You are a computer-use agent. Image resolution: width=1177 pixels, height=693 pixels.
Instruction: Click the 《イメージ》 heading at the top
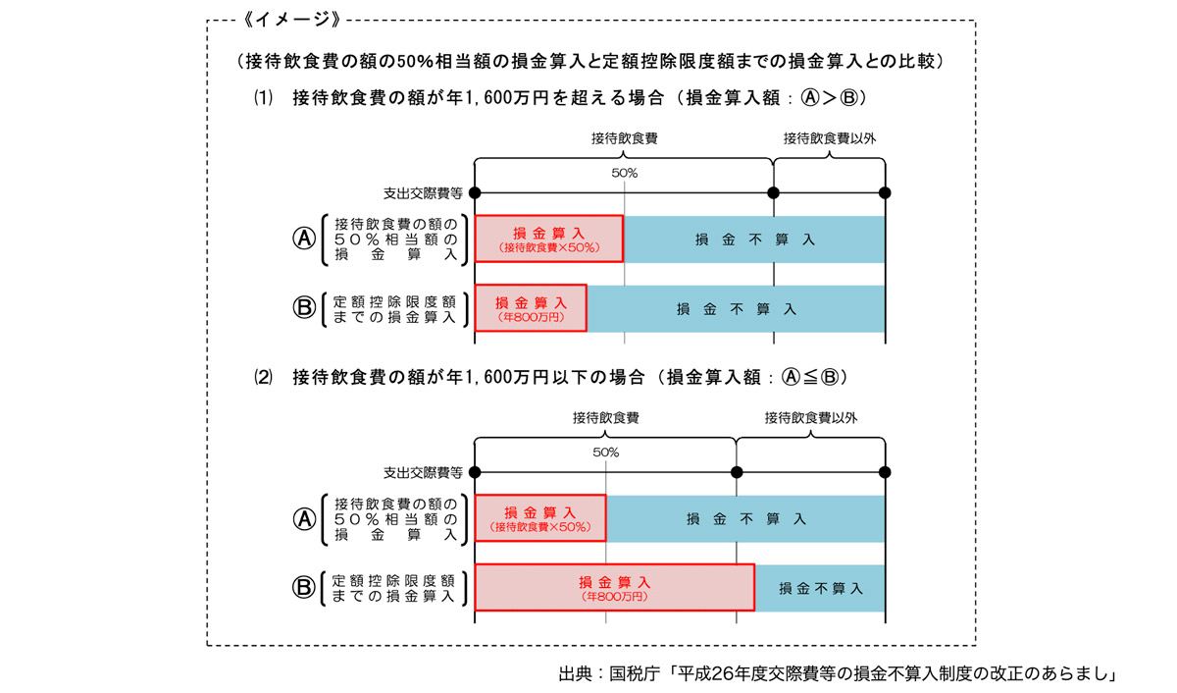296,20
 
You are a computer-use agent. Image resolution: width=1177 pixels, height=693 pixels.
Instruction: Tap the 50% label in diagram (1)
625,173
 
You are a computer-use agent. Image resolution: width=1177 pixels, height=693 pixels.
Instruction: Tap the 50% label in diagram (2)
606,453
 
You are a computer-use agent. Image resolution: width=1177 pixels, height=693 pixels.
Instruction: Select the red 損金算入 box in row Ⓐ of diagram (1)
549,239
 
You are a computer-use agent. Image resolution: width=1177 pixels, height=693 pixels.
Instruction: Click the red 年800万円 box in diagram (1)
531,308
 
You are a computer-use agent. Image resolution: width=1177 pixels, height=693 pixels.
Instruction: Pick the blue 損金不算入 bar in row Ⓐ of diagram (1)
754,239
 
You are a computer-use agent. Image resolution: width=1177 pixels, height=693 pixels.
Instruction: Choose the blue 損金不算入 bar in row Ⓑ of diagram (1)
736,308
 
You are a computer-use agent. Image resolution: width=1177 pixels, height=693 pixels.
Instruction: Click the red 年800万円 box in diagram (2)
614,587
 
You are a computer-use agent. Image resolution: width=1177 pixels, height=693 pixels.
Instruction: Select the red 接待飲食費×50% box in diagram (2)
540,518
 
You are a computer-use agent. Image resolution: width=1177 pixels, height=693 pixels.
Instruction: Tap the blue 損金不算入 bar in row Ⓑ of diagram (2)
820,588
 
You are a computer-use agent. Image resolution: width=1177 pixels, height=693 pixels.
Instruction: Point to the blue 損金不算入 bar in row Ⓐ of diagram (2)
745,518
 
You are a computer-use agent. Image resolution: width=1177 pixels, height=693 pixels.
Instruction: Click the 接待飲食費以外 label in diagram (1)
829,138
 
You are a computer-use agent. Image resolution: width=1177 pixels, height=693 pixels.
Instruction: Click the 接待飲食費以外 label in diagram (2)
811,418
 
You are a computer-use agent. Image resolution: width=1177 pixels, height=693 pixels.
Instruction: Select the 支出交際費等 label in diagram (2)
423,472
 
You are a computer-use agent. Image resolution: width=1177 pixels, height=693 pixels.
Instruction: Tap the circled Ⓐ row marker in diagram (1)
304,239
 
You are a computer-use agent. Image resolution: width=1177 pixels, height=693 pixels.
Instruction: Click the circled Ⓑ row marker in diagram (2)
304,587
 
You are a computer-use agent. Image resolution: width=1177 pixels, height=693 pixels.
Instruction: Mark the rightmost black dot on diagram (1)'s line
885,192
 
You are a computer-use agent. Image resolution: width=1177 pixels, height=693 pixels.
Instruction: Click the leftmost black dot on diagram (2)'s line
475,472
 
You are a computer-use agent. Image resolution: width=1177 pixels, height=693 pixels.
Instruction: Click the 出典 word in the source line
576,673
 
